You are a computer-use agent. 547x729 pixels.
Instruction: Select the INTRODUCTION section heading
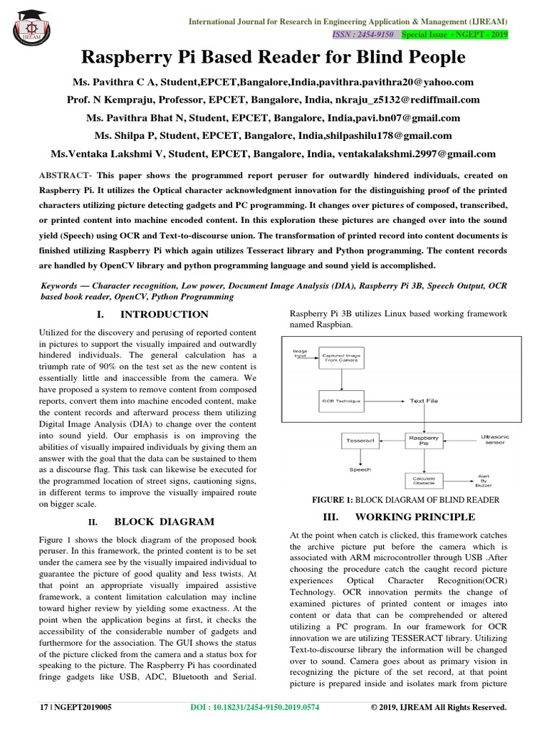tap(164, 314)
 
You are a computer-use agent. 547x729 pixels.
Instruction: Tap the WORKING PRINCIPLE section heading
tap(415, 516)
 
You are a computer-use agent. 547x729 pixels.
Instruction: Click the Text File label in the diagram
tap(424, 401)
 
